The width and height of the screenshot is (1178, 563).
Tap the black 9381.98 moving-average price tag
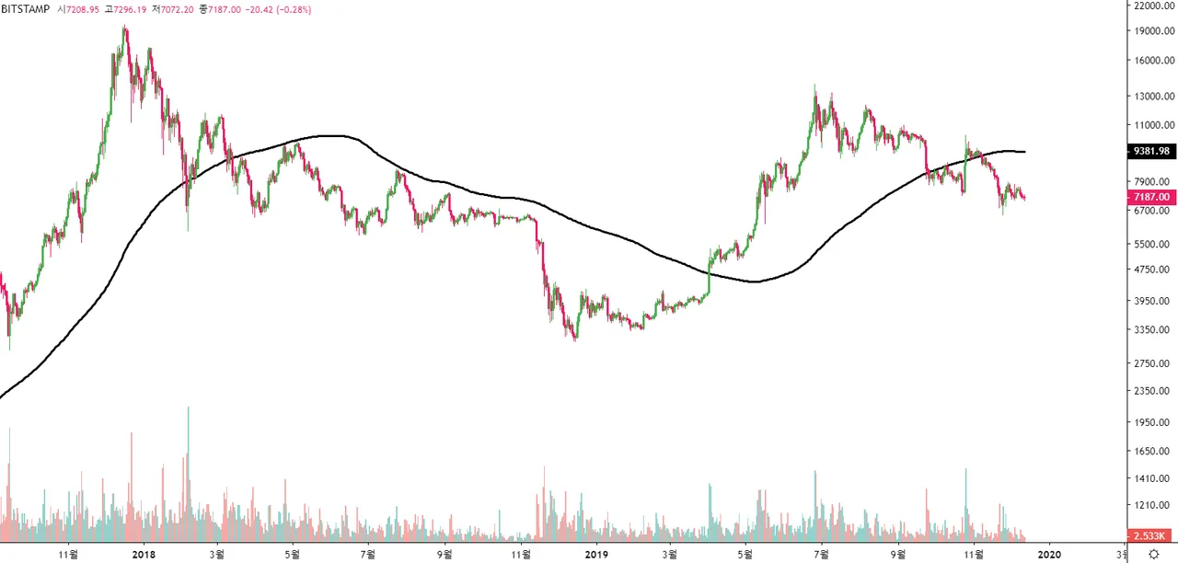[x=1150, y=152]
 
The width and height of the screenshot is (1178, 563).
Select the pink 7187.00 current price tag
[x=1150, y=198]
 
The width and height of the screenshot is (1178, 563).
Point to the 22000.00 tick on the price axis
[x=1152, y=6]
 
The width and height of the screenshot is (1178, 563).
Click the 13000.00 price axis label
[x=1152, y=96]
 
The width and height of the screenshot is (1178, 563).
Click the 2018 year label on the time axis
[x=143, y=555]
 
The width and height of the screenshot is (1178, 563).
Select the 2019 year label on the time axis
[x=596, y=555]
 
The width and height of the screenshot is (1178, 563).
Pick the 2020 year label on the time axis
[x=1049, y=555]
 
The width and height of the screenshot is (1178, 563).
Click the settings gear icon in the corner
[x=1153, y=555]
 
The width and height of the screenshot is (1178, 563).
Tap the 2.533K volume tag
[x=1150, y=535]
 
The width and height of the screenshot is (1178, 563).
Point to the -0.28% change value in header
[x=293, y=9]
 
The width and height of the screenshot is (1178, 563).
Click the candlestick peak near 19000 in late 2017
[x=124, y=28]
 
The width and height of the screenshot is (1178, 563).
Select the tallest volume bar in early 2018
[x=188, y=408]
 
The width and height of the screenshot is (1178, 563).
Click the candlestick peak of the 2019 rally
[x=814, y=87]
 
